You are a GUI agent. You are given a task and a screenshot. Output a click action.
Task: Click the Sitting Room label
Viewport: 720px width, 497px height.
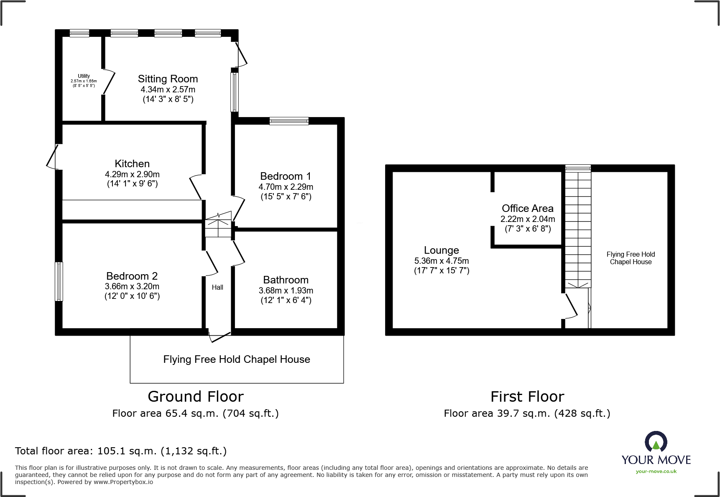point(168,79)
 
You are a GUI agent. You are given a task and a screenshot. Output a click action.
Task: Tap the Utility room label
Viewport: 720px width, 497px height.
point(84,76)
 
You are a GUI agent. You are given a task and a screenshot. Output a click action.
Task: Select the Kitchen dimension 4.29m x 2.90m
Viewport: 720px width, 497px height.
point(132,174)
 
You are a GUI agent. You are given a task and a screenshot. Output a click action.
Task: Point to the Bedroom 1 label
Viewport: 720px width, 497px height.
point(286,176)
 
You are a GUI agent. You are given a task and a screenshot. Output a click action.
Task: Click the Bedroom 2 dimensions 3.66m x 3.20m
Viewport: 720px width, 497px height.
point(132,286)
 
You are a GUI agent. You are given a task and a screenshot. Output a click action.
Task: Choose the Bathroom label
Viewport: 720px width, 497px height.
point(286,280)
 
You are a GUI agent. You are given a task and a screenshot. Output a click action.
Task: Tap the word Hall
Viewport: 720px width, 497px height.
point(217,287)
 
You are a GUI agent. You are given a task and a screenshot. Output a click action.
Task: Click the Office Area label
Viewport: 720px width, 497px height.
point(528,208)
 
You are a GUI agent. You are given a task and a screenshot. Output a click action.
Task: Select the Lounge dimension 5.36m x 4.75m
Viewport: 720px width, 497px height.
point(442,261)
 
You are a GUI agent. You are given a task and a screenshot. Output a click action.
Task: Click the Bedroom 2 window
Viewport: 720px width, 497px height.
point(59,281)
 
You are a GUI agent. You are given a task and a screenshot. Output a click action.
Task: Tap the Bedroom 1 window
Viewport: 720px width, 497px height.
point(289,121)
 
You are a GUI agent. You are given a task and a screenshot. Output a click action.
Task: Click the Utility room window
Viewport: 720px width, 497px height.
point(79,33)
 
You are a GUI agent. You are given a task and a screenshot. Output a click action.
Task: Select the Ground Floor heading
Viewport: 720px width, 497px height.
point(196,396)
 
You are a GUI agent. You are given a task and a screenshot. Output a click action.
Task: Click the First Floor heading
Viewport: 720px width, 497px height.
point(527,396)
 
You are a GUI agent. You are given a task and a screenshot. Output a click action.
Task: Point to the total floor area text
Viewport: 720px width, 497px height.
point(121,451)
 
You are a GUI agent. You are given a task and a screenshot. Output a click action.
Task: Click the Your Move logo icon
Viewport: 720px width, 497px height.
point(656,441)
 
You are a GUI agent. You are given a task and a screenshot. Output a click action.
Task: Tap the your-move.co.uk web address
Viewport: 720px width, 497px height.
point(656,472)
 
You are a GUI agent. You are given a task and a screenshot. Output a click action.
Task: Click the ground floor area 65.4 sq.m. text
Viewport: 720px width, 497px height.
point(195,413)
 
